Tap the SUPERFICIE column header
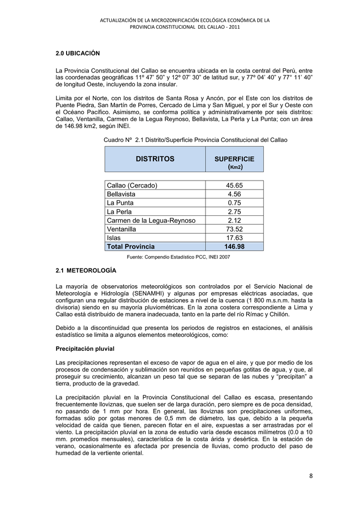tap(234, 159)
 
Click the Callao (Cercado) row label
tap(132, 186)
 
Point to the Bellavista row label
tap(121, 194)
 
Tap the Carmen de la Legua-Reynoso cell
tap(151, 220)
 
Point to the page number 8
tap(311, 477)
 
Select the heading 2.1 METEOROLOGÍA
tap(86, 271)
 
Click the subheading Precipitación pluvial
tap(85, 349)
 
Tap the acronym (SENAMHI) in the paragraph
tap(144, 293)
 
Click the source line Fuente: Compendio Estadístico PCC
tap(178, 257)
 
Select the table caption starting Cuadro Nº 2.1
tap(195, 140)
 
